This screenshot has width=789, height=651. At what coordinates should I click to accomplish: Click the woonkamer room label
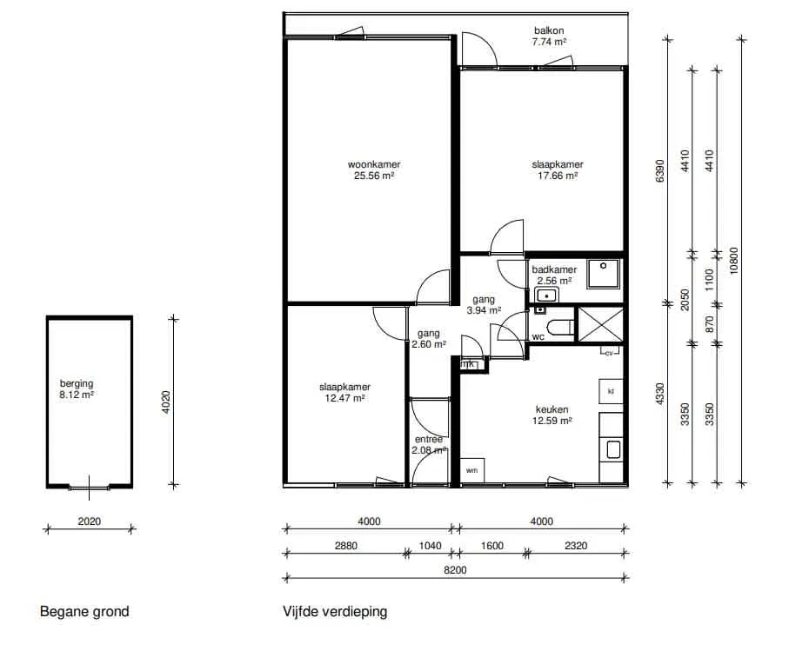pyautogui.click(x=374, y=164)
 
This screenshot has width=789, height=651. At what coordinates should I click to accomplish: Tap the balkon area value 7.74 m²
pyautogui.click(x=549, y=43)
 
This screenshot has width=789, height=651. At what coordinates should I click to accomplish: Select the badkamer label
pyautogui.click(x=554, y=269)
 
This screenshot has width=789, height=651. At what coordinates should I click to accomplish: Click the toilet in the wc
pyautogui.click(x=560, y=328)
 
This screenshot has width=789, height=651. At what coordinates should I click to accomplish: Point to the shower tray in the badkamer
pyautogui.click(x=605, y=274)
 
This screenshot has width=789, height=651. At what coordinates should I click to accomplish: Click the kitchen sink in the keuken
pyautogui.click(x=613, y=449)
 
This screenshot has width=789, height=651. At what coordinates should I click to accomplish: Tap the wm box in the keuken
pyautogui.click(x=472, y=470)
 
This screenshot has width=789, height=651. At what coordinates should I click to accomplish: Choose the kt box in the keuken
pyautogui.click(x=611, y=391)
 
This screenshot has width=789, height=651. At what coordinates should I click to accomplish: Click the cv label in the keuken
pyautogui.click(x=609, y=353)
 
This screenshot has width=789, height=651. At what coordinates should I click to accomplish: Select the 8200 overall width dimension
pyautogui.click(x=455, y=570)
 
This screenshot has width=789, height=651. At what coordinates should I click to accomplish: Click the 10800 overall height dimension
pyautogui.click(x=733, y=261)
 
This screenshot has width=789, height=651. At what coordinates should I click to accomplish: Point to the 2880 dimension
pyautogui.click(x=346, y=546)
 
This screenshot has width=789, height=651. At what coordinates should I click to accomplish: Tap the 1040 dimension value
pyautogui.click(x=430, y=546)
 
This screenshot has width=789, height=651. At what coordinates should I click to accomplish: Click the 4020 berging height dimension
pyautogui.click(x=166, y=402)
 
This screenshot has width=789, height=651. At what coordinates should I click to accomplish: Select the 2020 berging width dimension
pyautogui.click(x=89, y=521)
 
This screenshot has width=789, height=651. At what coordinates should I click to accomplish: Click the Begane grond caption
pyautogui.click(x=84, y=611)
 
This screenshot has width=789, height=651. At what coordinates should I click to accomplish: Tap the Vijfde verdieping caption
pyautogui.click(x=335, y=611)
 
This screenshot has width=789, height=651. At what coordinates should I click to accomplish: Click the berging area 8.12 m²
pyautogui.click(x=77, y=395)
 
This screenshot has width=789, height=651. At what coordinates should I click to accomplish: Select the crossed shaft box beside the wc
pyautogui.click(x=600, y=325)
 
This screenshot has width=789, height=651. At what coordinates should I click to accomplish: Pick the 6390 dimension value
pyautogui.click(x=659, y=171)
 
